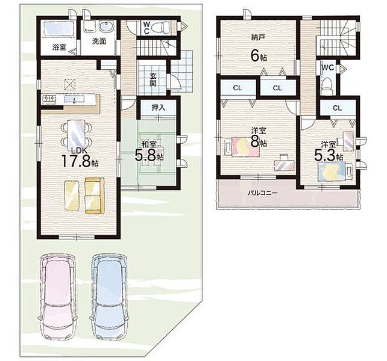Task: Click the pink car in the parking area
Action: coord(58,298)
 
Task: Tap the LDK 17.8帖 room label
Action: coord(80,157)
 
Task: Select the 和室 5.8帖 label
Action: coord(149,152)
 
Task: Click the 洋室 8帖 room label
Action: coord(259,138)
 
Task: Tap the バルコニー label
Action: coord(263,193)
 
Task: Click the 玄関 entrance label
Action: coord(153,79)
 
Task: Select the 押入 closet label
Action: coord(159,108)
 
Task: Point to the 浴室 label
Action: coord(59,47)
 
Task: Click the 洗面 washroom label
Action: coord(99,41)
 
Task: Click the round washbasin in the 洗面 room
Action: coord(106,26)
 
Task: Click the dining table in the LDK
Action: coord(77,134)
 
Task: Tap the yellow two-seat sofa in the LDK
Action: coord(95,196)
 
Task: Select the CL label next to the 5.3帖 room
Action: coord(337,108)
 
